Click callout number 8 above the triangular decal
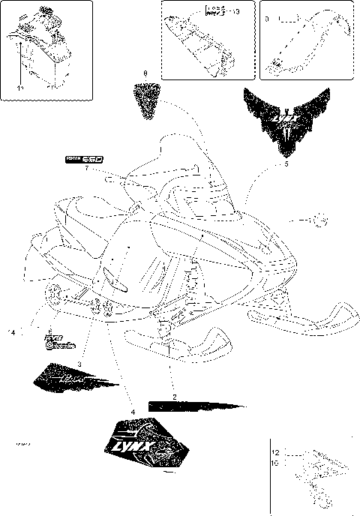[145, 73]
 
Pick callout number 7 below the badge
[86, 170]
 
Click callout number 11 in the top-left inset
[20, 88]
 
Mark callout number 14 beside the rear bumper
[11, 331]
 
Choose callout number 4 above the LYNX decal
[133, 412]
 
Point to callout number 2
[174, 396]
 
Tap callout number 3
[78, 364]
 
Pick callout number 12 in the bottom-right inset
[275, 453]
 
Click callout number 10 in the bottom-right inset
[275, 464]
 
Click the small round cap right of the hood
[320, 220]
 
